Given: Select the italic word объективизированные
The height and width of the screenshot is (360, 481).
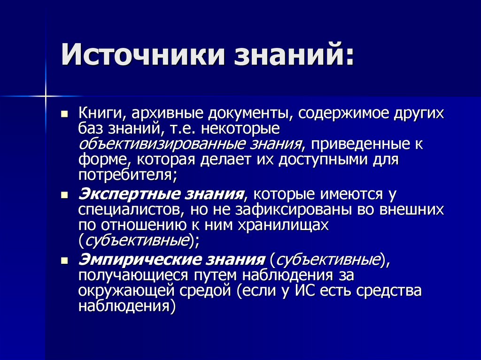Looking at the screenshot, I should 157,144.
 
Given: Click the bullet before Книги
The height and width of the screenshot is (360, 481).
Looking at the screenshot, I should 66,115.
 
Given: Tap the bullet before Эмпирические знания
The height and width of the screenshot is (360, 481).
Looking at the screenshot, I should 66,260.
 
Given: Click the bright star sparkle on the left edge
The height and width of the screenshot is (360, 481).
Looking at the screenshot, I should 46,96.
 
